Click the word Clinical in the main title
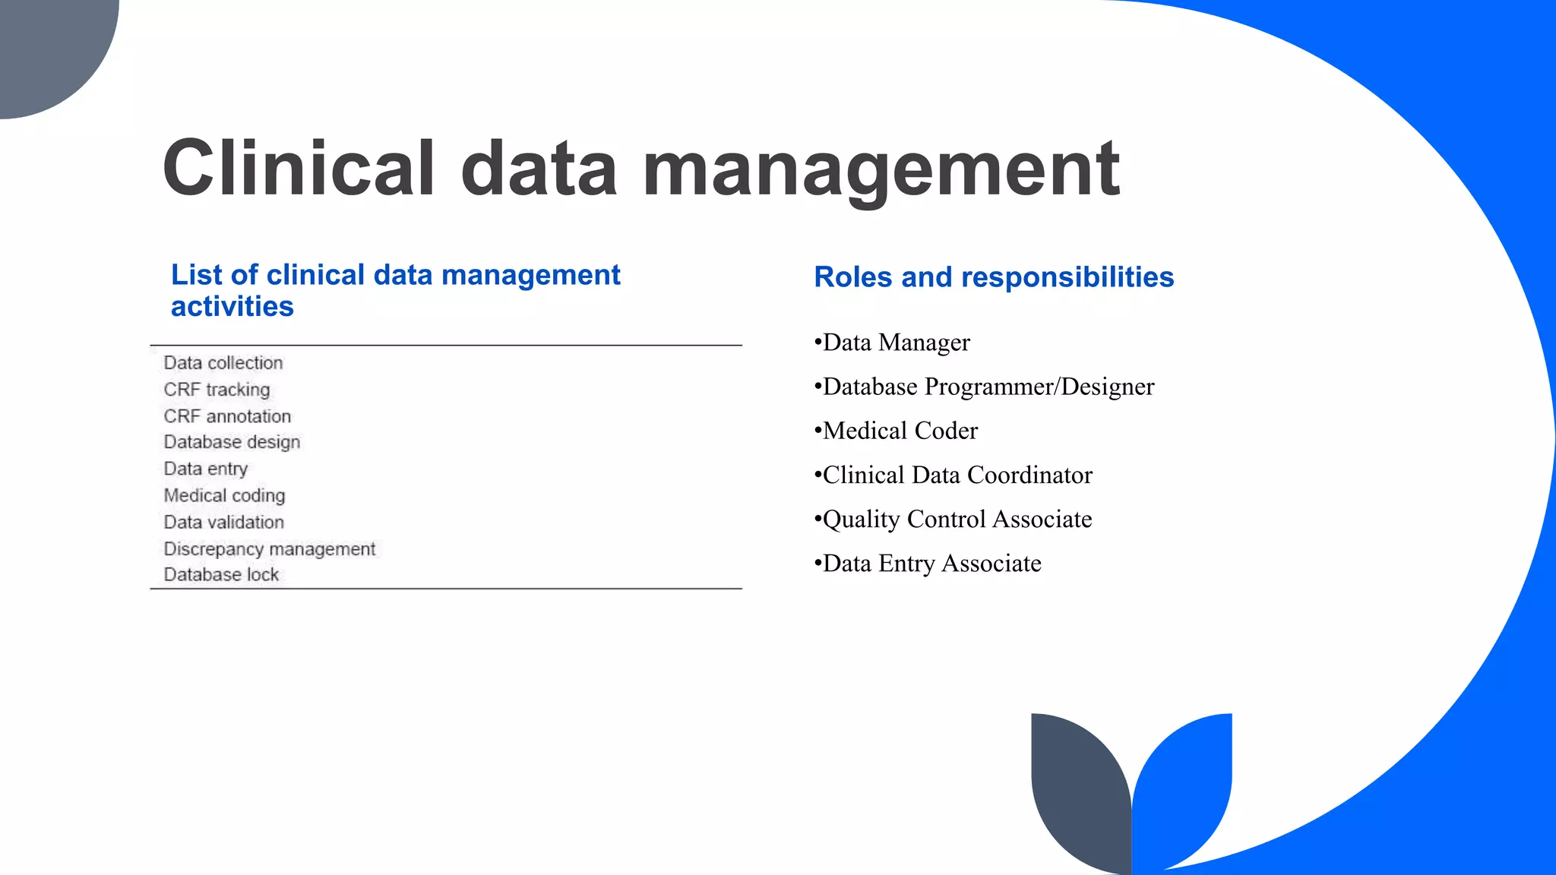[299, 169]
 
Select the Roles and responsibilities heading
[994, 277]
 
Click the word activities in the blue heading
[232, 307]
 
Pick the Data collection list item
[223, 363]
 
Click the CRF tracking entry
[217, 390]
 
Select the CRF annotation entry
[227, 416]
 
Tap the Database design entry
[232, 442]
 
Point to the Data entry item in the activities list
[206, 469]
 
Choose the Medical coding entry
[224, 495]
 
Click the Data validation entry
[223, 522]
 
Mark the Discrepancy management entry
[269, 548]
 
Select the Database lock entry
[221, 575]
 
